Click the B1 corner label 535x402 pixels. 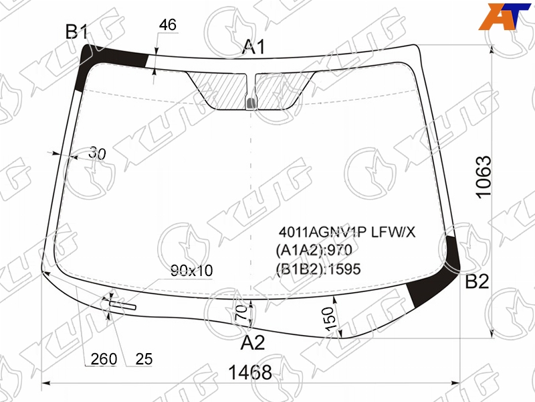click(77, 32)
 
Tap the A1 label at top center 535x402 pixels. click(253, 47)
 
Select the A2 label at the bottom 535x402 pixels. click(253, 342)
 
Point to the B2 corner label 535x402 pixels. click(477, 281)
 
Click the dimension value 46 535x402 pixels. click(168, 25)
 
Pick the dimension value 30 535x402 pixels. click(97, 154)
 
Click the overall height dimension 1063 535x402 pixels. click(484, 177)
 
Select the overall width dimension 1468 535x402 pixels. click(250, 373)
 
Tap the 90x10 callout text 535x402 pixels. click(192, 271)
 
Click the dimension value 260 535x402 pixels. click(104, 359)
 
